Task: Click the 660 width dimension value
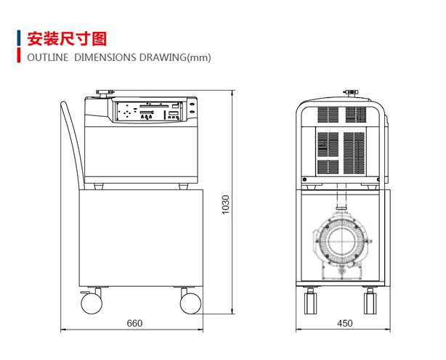(134, 323)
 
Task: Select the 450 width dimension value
(344, 323)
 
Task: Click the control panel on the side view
(150, 112)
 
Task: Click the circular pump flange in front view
(342, 242)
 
